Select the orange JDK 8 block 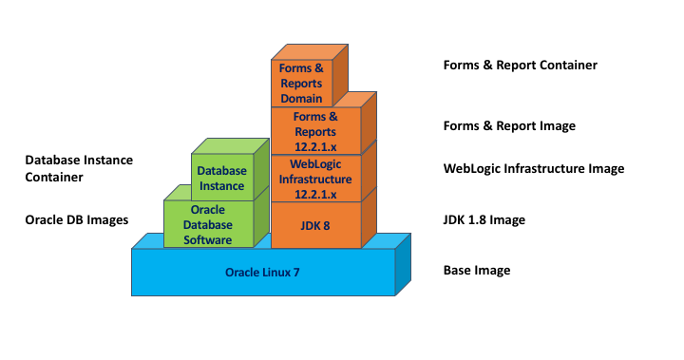pos(316,224)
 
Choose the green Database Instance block pos(221,178)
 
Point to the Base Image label pos(476,271)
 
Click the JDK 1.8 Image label pos(484,220)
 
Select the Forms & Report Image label pos(509,125)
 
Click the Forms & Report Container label pos(520,66)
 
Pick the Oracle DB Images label pos(76,220)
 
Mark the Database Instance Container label pos(79,168)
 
